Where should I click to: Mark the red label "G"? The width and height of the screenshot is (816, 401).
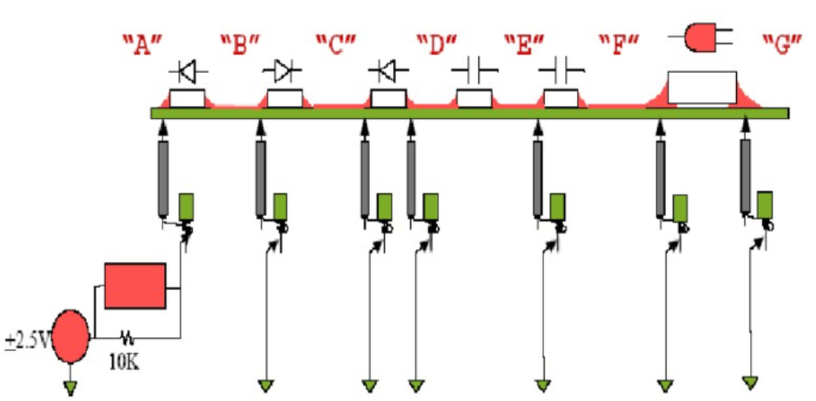pos(780,46)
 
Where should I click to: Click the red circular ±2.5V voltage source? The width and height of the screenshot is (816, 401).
pos(70,337)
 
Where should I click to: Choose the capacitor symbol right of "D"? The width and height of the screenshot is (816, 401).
pos(475,69)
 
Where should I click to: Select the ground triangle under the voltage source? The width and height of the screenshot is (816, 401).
pos(70,387)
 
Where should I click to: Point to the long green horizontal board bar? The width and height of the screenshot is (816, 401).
pos(469,113)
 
